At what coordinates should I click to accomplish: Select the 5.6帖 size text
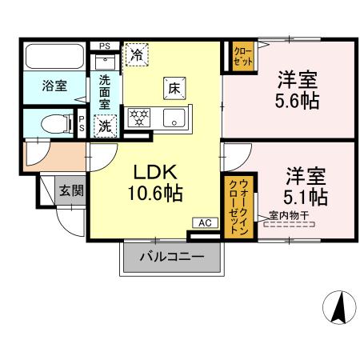[297, 101]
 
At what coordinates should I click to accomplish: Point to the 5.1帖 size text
[306, 196]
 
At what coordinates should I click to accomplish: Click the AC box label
[202, 223]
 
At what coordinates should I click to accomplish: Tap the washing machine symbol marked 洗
[105, 126]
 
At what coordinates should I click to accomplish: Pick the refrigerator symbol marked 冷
[137, 54]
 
